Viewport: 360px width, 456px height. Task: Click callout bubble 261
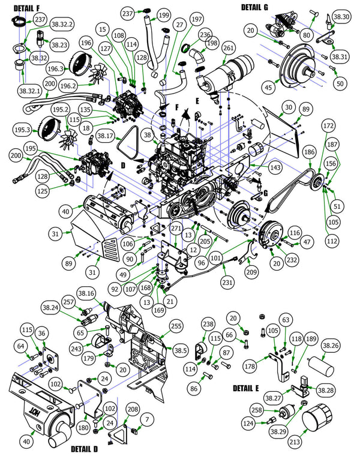[229, 47]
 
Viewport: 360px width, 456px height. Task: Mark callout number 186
[308, 154]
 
